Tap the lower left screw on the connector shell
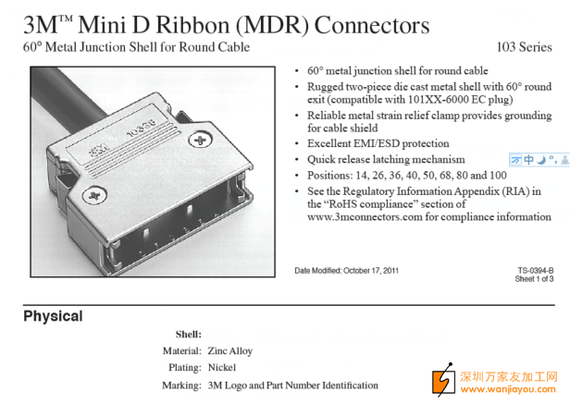click(x=91, y=195)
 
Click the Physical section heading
click(x=53, y=316)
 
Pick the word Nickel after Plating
click(x=223, y=368)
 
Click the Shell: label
click(x=188, y=334)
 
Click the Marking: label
click(x=181, y=385)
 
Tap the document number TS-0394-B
click(x=536, y=270)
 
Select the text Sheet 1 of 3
click(x=534, y=278)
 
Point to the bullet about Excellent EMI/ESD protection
click(x=378, y=143)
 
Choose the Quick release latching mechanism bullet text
click(x=386, y=159)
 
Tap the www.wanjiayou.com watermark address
click(x=508, y=389)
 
